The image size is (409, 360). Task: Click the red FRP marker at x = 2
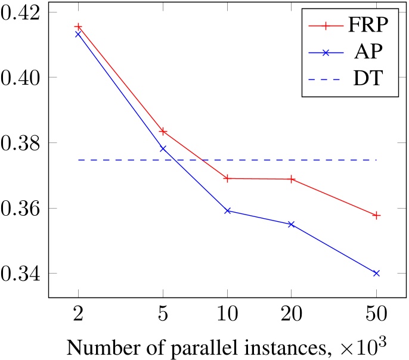(x=78, y=27)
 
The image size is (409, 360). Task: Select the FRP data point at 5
(x=163, y=131)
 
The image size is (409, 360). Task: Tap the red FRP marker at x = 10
(x=227, y=178)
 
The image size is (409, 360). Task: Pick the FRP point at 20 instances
(x=292, y=179)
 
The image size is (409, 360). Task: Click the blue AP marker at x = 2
(x=78, y=34)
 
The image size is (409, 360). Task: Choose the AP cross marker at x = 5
(x=163, y=148)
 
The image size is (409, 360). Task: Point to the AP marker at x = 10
(x=227, y=210)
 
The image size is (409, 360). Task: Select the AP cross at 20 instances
(x=292, y=224)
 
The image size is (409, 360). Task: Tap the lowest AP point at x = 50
(x=376, y=273)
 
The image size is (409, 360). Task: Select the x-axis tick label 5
(x=163, y=312)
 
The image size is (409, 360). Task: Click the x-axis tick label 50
(x=376, y=312)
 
